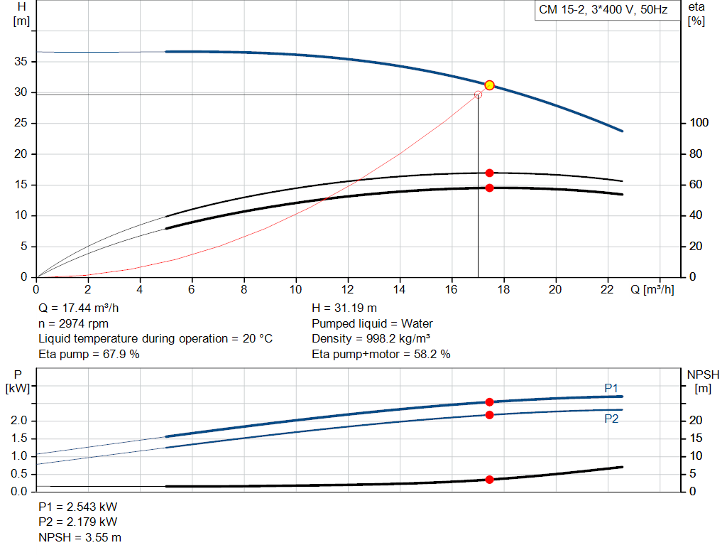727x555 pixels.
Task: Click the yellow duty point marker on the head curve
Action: pos(489,85)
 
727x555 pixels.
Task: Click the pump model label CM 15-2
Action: pos(601,11)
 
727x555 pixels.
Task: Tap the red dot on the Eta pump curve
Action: pos(489,173)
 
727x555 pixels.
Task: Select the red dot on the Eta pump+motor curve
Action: pos(489,188)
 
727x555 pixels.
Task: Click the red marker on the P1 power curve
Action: pos(489,402)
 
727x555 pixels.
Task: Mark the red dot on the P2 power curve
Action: pos(489,414)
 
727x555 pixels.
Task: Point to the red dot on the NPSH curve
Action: pos(489,480)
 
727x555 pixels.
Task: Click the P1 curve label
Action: pos(611,388)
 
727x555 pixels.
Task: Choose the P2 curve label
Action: pos(611,419)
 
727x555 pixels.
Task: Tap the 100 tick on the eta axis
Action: pos(699,123)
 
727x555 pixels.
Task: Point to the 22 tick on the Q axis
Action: pos(608,289)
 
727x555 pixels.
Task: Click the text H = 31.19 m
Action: pos(344,308)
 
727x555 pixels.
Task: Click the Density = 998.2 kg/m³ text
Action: pos(371,338)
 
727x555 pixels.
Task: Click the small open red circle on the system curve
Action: pos(478,95)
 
